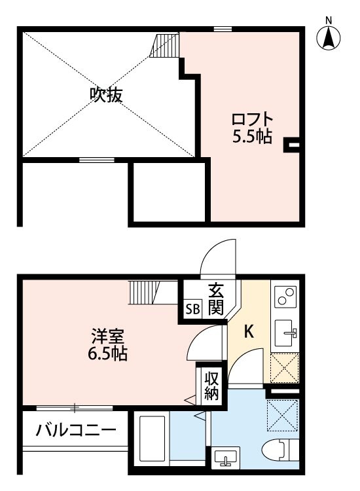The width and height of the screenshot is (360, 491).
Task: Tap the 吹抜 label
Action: point(106,96)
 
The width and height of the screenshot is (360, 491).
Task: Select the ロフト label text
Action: point(252,121)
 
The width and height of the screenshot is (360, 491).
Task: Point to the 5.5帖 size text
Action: point(252,137)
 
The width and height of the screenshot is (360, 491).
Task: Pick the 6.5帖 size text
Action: point(108,355)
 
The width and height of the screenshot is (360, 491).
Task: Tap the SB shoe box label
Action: point(193,308)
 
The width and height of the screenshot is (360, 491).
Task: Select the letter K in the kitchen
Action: point(249,332)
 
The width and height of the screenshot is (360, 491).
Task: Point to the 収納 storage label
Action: point(211,386)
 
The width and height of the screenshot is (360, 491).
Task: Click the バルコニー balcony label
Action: point(77,430)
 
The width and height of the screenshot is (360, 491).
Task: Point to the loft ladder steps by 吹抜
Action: point(166,45)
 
